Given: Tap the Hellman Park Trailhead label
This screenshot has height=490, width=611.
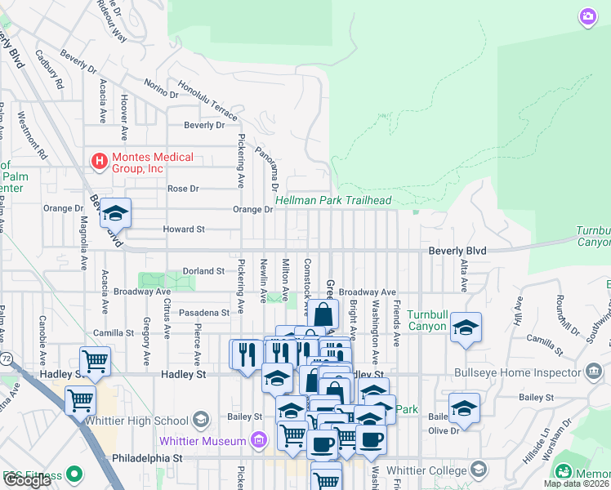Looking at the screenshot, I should point(333,200).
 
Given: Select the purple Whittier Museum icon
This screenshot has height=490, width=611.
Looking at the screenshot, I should point(259,441).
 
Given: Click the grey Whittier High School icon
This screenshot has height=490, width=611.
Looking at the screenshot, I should point(199,421).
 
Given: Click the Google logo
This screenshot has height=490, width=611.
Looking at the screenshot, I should point(27,480).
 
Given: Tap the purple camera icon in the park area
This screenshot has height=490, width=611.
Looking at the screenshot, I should point(587,16).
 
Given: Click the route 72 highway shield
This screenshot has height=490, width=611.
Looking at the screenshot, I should point(6,359).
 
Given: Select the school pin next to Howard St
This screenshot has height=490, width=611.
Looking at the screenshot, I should point(116,213).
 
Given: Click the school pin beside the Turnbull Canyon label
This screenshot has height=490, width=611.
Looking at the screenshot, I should point(466,327).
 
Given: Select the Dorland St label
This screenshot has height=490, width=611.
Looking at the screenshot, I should point(203,270).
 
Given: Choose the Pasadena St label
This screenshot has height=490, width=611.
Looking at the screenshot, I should point(204,313).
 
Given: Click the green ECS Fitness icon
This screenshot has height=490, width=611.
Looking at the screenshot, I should point(75,473).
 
